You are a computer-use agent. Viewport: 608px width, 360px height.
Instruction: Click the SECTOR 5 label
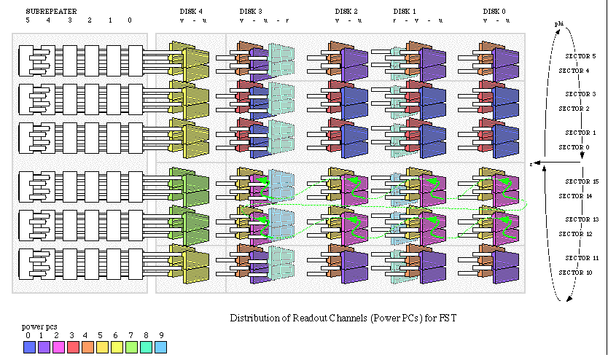point(582,55)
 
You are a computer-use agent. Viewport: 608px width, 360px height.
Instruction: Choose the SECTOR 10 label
point(575,272)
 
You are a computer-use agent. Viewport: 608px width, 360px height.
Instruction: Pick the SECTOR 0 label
point(575,146)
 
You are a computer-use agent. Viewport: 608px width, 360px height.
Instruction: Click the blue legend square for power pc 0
point(28,347)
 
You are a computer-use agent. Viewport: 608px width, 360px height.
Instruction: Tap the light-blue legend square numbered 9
point(160,347)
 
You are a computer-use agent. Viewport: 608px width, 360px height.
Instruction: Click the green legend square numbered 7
point(130,347)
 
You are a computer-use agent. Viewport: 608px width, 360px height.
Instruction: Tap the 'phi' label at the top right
point(558,24)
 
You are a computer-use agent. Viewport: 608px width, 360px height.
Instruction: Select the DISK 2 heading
point(346,11)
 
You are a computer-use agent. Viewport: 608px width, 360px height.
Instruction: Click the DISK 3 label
point(251,11)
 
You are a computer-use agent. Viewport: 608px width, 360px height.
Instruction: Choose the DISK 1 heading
point(405,11)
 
